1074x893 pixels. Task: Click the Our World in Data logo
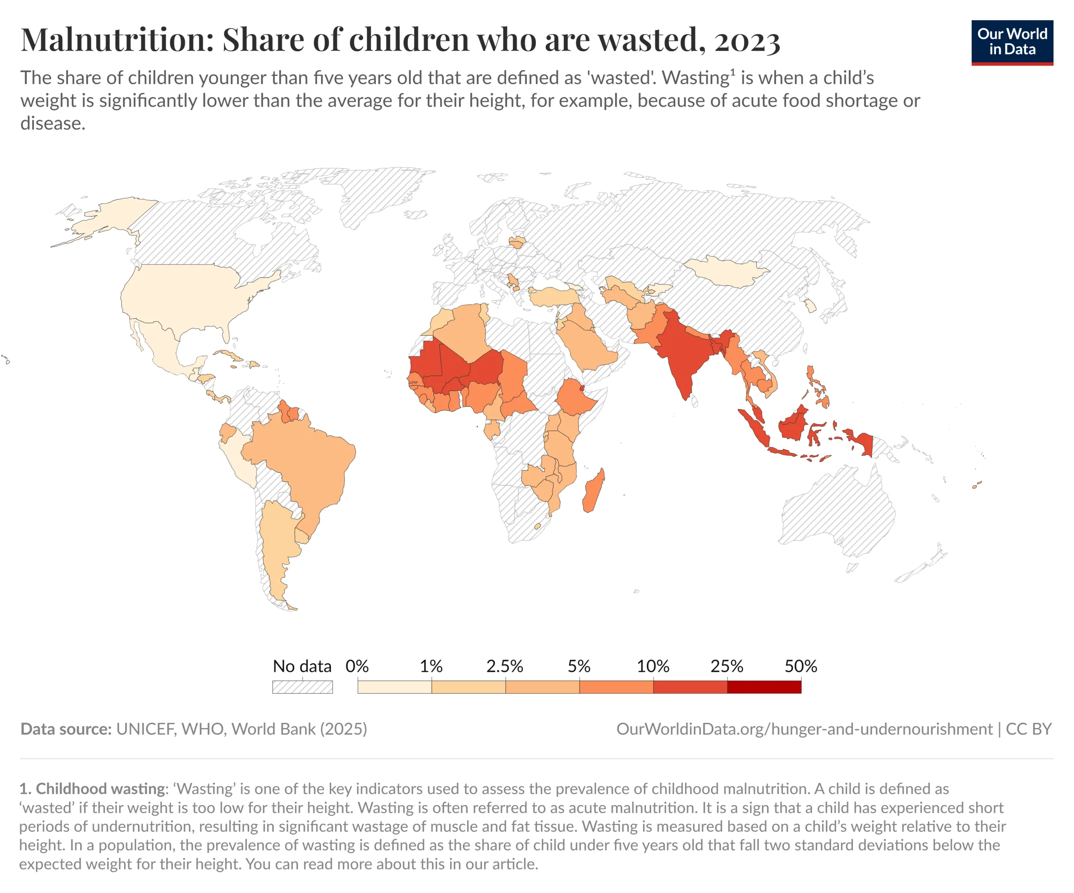coord(1012,42)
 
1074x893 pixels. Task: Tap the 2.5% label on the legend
coord(505,666)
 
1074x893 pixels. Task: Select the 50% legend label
coord(801,666)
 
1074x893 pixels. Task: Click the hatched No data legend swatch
coord(302,687)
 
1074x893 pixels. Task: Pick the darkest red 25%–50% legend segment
coord(764,687)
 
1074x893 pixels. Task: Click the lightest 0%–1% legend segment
coord(394,687)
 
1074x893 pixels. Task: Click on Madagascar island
coord(594,491)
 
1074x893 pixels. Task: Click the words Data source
coord(66,729)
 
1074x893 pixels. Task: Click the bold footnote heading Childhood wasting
coord(100,788)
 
